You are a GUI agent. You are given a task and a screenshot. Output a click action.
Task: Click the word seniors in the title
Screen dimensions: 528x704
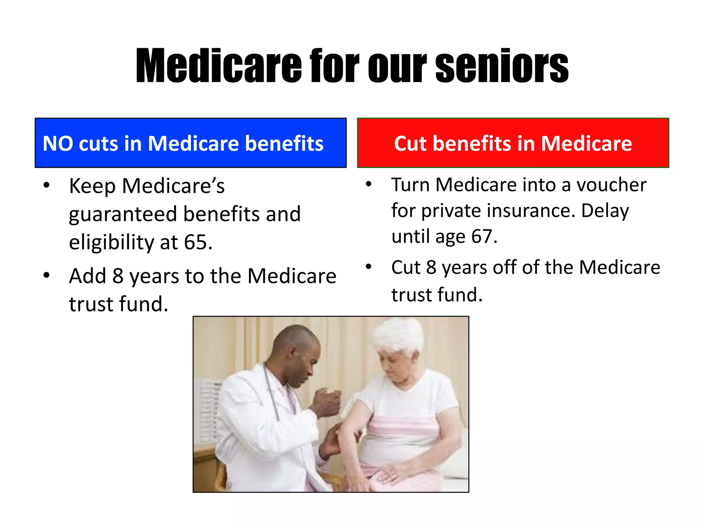tap(502, 66)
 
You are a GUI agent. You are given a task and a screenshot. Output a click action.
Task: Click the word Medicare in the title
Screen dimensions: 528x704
tap(219, 66)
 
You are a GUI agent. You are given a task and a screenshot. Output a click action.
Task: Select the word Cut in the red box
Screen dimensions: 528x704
tap(410, 143)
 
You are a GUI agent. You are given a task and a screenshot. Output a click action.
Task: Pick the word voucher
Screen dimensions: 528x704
tap(612, 185)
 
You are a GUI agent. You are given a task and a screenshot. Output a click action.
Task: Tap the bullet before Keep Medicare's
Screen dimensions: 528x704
tap(46, 186)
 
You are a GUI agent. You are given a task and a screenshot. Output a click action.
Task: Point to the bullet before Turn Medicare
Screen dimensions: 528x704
tap(368, 184)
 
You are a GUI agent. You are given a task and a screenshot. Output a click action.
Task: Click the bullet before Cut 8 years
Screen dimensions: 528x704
tap(368, 267)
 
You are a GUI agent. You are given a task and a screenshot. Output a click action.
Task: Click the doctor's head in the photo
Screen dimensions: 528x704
tap(297, 354)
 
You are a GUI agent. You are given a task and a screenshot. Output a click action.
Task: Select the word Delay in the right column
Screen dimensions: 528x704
tap(605, 210)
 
